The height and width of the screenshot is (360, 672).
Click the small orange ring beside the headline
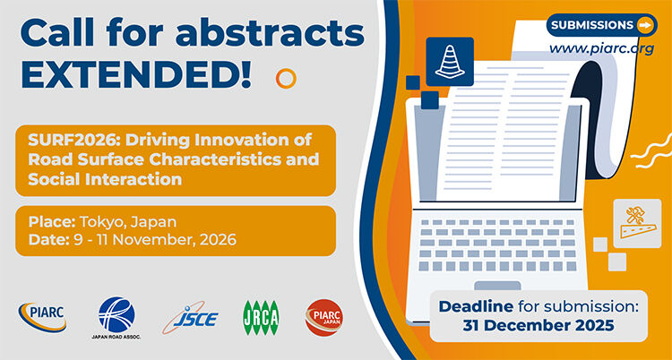click(x=286, y=78)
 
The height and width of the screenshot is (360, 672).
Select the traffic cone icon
click(x=450, y=59)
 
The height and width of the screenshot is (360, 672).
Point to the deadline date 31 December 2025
click(x=538, y=325)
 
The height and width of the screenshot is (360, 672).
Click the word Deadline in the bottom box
click(x=478, y=306)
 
